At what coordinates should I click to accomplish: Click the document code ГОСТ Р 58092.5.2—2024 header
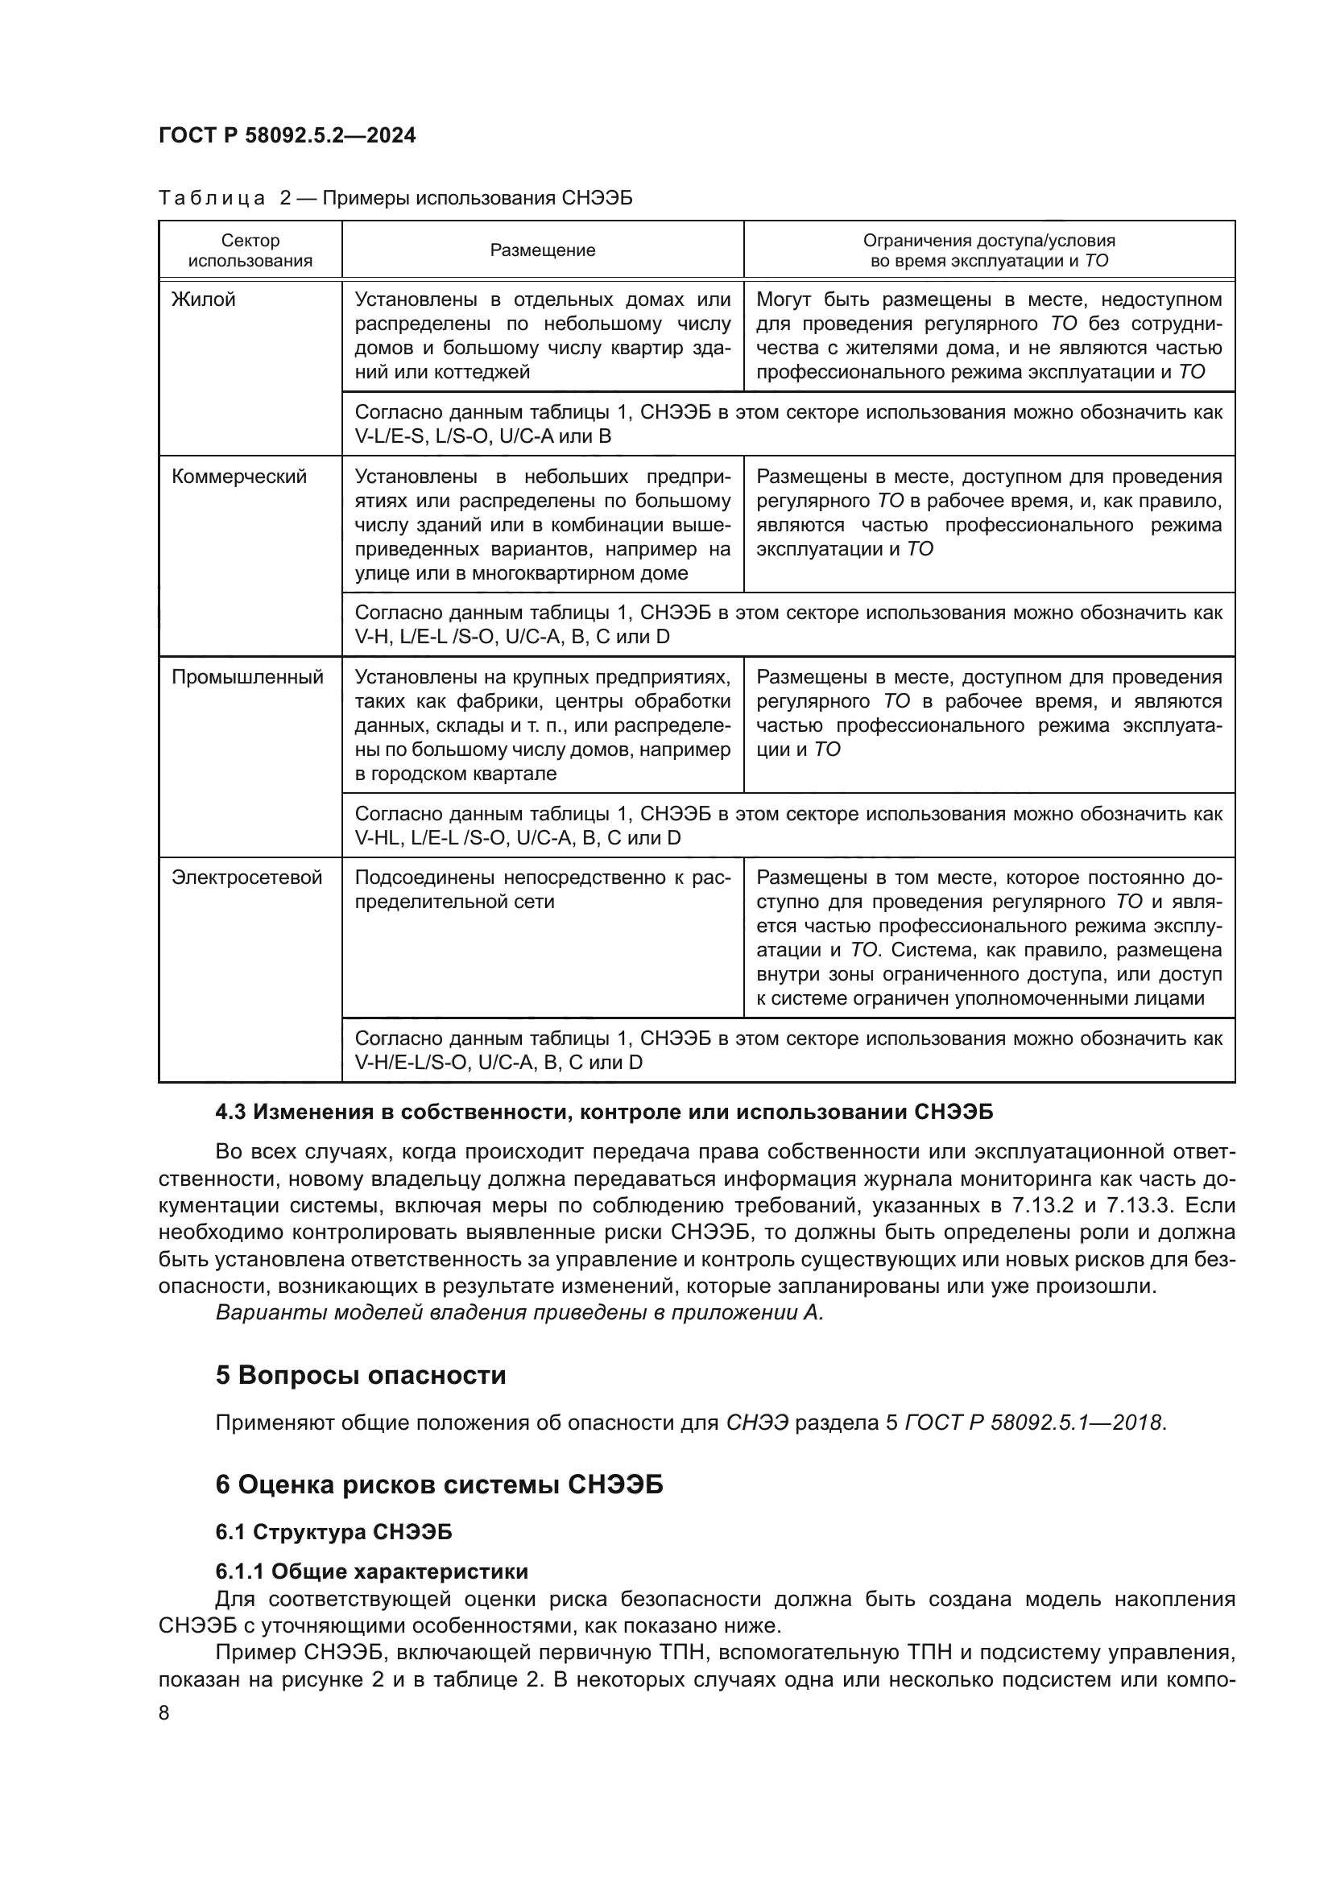(x=287, y=135)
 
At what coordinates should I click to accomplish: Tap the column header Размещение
(x=542, y=250)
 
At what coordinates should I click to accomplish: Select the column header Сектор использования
(x=250, y=250)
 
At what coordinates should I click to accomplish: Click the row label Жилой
(x=204, y=299)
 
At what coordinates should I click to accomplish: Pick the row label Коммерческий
(x=238, y=477)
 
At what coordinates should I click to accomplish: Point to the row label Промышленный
(x=248, y=677)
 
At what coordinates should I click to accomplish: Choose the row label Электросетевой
(x=247, y=877)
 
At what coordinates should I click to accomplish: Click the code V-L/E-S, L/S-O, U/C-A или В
(x=483, y=436)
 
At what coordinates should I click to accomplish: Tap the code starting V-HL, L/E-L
(x=518, y=838)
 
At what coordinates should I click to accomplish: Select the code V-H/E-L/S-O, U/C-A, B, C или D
(x=498, y=1062)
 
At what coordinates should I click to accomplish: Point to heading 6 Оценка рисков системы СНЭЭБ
(x=439, y=1485)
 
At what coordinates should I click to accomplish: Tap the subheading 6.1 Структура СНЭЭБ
(x=334, y=1532)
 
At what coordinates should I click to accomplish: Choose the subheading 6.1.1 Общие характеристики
(x=371, y=1571)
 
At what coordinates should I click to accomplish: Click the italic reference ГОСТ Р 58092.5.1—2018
(x=1033, y=1422)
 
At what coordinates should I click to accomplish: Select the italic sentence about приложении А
(x=519, y=1312)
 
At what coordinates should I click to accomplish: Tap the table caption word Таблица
(x=212, y=199)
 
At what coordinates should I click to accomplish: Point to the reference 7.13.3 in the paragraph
(x=1143, y=1206)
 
